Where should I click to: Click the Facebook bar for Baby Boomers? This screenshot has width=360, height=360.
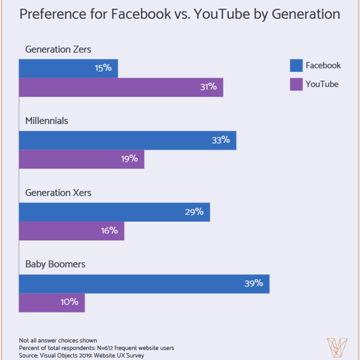pyautogui.click(x=144, y=284)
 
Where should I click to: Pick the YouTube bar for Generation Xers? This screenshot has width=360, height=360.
pyautogui.click(x=71, y=231)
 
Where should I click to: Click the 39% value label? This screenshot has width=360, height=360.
pyautogui.click(x=253, y=283)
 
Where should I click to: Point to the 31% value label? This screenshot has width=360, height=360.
pyautogui.click(x=208, y=87)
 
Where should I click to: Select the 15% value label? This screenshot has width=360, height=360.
pyautogui.click(x=103, y=68)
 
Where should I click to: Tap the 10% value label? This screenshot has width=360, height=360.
pyautogui.click(x=70, y=302)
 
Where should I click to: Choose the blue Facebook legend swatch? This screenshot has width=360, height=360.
pyautogui.click(x=296, y=65)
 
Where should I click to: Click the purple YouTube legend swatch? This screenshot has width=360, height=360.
pyautogui.click(x=296, y=84)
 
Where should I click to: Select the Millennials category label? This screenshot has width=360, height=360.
pyautogui.click(x=47, y=121)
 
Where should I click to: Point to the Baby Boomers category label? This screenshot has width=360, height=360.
pyautogui.click(x=55, y=264)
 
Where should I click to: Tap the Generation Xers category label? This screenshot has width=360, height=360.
pyautogui.click(x=58, y=193)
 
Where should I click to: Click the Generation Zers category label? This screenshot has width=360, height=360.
pyautogui.click(x=58, y=50)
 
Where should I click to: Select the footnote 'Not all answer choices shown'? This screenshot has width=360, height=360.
pyautogui.click(x=58, y=340)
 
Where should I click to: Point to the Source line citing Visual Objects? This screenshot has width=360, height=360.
pyautogui.click(x=82, y=355)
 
